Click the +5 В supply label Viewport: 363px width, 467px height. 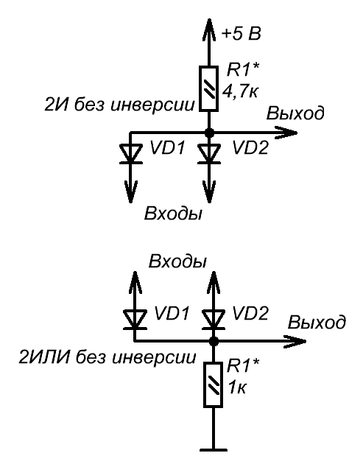click(242, 34)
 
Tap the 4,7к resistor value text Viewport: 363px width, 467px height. click(240, 91)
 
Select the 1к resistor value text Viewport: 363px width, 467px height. click(237, 387)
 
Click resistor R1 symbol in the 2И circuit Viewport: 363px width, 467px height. click(209, 88)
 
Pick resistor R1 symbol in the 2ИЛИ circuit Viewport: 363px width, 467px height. click(214, 385)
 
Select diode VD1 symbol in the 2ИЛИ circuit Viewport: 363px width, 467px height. click(135, 319)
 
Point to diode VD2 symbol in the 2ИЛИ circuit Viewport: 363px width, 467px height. click(214, 319)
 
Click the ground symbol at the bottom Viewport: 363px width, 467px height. click(214, 450)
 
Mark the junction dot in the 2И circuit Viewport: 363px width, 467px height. click(209, 133)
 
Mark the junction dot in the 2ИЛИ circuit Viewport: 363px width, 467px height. click(214, 341)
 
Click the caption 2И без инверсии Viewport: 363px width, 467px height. click(119, 105)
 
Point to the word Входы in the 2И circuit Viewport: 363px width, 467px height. click(173, 214)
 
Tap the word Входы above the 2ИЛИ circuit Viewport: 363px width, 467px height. click(177, 261)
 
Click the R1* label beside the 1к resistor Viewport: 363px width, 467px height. click(243, 366)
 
